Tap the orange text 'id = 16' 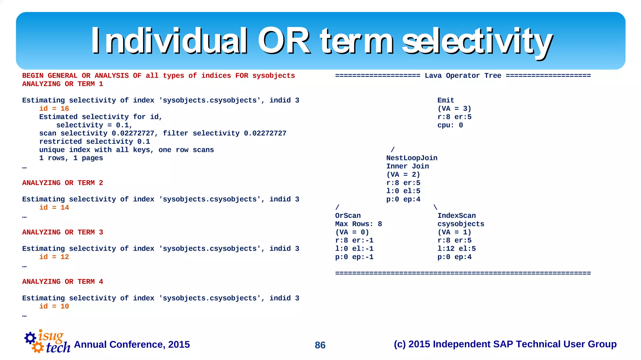point(54,109)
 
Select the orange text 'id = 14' point(54,208)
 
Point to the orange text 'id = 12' point(54,257)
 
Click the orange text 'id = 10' point(54,306)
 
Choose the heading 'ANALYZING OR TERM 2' point(63,183)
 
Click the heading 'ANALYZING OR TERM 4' point(63,282)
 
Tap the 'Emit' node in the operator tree point(446,100)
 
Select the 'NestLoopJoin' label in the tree point(412,158)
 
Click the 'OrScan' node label point(348,216)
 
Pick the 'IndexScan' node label point(456,216)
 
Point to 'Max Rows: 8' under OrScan point(358,224)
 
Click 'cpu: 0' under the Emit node point(450,125)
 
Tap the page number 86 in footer point(320,345)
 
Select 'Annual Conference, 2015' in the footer point(132,344)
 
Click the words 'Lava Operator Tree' point(463,76)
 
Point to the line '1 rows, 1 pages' point(71,158)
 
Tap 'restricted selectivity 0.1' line point(95,142)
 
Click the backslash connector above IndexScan point(435,207)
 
